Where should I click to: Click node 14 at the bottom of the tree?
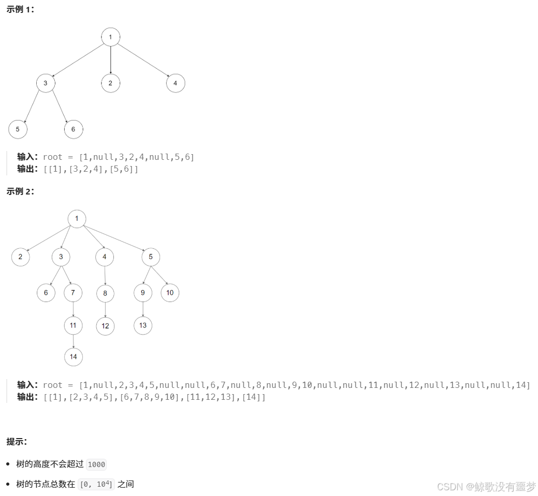73,357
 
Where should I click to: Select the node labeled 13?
143,325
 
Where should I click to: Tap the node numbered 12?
105,326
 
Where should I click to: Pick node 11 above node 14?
73,325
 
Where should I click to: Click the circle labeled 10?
170,293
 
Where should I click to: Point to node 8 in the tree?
105,293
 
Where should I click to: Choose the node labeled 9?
143,293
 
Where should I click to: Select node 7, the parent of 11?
73,293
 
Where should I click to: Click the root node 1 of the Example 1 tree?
110,37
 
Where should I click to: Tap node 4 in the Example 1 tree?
176,83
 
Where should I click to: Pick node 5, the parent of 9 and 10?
151,257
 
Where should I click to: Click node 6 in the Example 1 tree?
73,129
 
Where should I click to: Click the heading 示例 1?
20,10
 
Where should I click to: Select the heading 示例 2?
20,191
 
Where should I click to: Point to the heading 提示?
17,442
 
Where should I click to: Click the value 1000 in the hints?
96,464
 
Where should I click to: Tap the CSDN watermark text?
486,487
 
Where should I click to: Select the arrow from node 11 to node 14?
73,341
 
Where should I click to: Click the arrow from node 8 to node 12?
105,309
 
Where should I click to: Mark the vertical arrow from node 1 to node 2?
110,59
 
